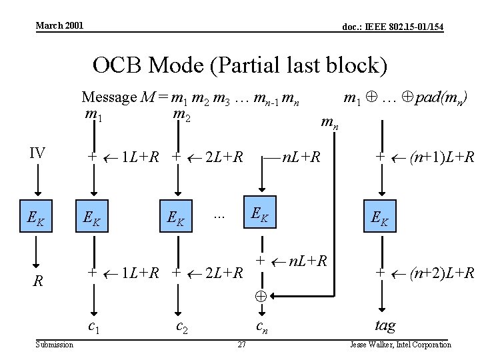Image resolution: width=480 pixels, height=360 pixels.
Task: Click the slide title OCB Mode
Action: (x=239, y=65)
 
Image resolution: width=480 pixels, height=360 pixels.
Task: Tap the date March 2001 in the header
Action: (x=59, y=25)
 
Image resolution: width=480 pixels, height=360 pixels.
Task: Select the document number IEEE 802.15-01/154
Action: (x=393, y=27)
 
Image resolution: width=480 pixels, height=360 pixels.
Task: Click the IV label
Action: (x=37, y=153)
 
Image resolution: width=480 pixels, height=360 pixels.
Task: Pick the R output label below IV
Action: (x=39, y=281)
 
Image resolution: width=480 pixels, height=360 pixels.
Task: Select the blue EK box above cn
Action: (x=260, y=212)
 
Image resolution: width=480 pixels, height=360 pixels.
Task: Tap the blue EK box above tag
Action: (x=381, y=216)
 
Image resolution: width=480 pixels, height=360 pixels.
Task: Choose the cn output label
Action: (x=263, y=326)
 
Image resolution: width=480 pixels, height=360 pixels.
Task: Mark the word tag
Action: (x=385, y=325)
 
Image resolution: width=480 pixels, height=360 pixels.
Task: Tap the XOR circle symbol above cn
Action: (x=261, y=295)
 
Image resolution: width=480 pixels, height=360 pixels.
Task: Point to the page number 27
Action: (x=242, y=344)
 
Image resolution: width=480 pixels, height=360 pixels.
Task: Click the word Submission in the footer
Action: (x=55, y=344)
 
